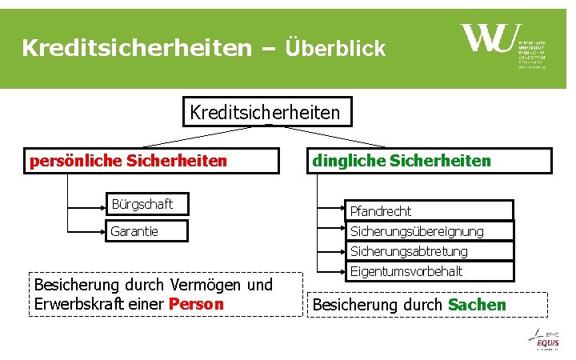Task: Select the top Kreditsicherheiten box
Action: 265,112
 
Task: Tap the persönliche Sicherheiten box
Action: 153,162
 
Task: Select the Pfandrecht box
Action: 430,211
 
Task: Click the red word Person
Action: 196,304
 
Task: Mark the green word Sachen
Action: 477,305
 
